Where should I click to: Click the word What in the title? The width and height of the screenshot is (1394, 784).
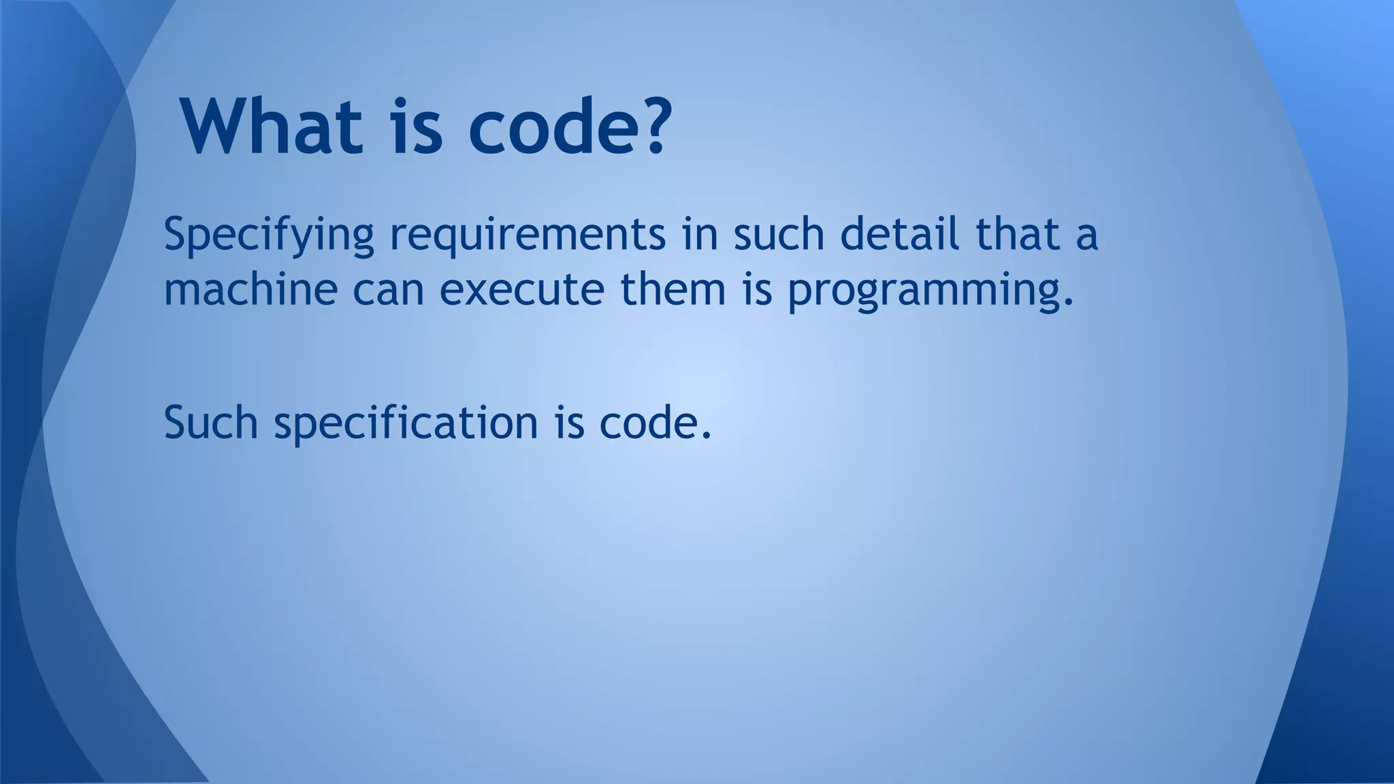272,127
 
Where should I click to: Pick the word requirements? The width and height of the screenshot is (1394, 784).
528,235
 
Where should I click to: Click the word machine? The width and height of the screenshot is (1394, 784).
250,289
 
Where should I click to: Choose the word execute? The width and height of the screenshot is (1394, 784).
522,289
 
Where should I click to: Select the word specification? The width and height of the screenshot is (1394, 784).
406,423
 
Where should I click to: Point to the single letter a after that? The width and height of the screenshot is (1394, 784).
1087,235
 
